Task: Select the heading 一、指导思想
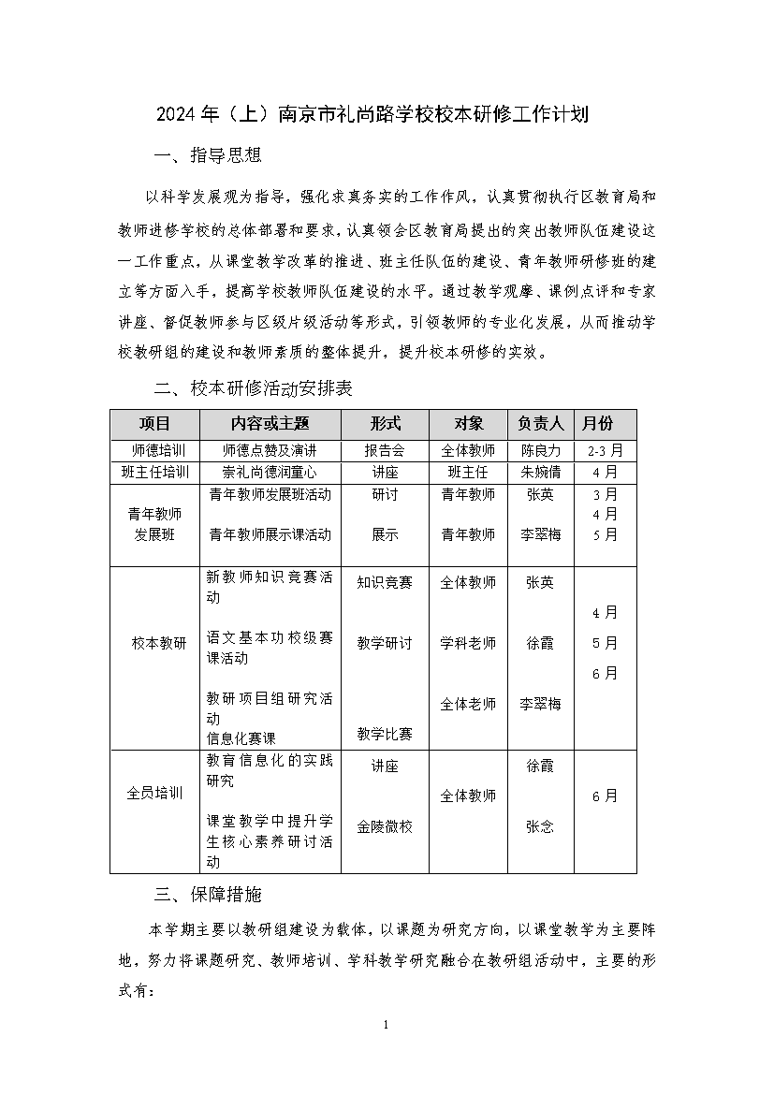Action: (208, 155)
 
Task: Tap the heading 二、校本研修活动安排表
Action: (253, 387)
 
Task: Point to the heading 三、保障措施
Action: (208, 894)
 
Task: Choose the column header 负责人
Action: (541, 423)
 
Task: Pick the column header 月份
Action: (605, 423)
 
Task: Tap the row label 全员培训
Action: (155, 794)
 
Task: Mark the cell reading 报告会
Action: (385, 450)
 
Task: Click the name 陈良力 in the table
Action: (541, 450)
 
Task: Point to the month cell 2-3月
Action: (605, 450)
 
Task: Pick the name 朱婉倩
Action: (541, 472)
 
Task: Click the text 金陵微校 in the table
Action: (385, 826)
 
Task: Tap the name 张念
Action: (540, 826)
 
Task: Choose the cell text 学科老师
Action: (468, 643)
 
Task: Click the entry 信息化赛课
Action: (241, 738)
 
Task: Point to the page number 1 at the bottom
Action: (387, 1025)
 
